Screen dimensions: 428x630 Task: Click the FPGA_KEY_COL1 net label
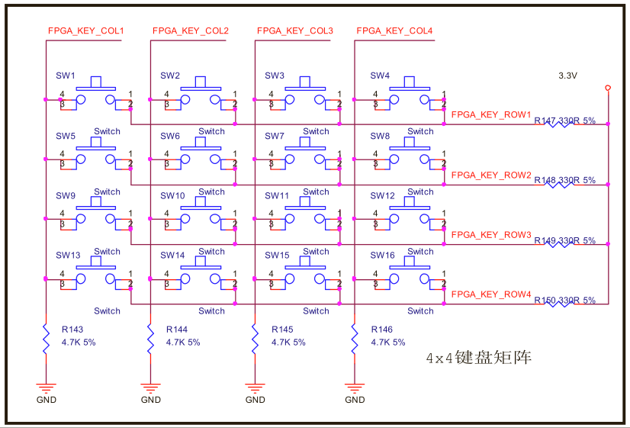tap(85, 31)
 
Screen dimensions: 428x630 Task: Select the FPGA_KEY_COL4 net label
tap(394, 31)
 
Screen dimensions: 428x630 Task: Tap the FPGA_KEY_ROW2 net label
tap(491, 175)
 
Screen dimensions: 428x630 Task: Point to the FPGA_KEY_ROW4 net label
tap(491, 294)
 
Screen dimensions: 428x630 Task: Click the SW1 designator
tap(66, 76)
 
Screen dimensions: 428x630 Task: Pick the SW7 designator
tap(275, 136)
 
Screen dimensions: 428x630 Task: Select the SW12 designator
tap(382, 196)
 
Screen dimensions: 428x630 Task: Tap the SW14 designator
tap(172, 256)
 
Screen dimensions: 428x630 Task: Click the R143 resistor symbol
tap(45, 337)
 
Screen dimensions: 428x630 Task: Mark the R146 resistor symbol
tap(355, 337)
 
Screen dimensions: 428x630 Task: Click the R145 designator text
tap(282, 330)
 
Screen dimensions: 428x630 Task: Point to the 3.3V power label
tap(567, 76)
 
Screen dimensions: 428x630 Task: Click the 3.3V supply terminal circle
tap(608, 88)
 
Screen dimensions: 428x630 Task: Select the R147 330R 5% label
tap(564, 121)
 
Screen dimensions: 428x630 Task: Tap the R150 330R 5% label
tap(564, 300)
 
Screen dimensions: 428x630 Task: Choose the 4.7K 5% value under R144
tap(183, 343)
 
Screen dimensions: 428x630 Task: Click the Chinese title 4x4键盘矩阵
tap(478, 357)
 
